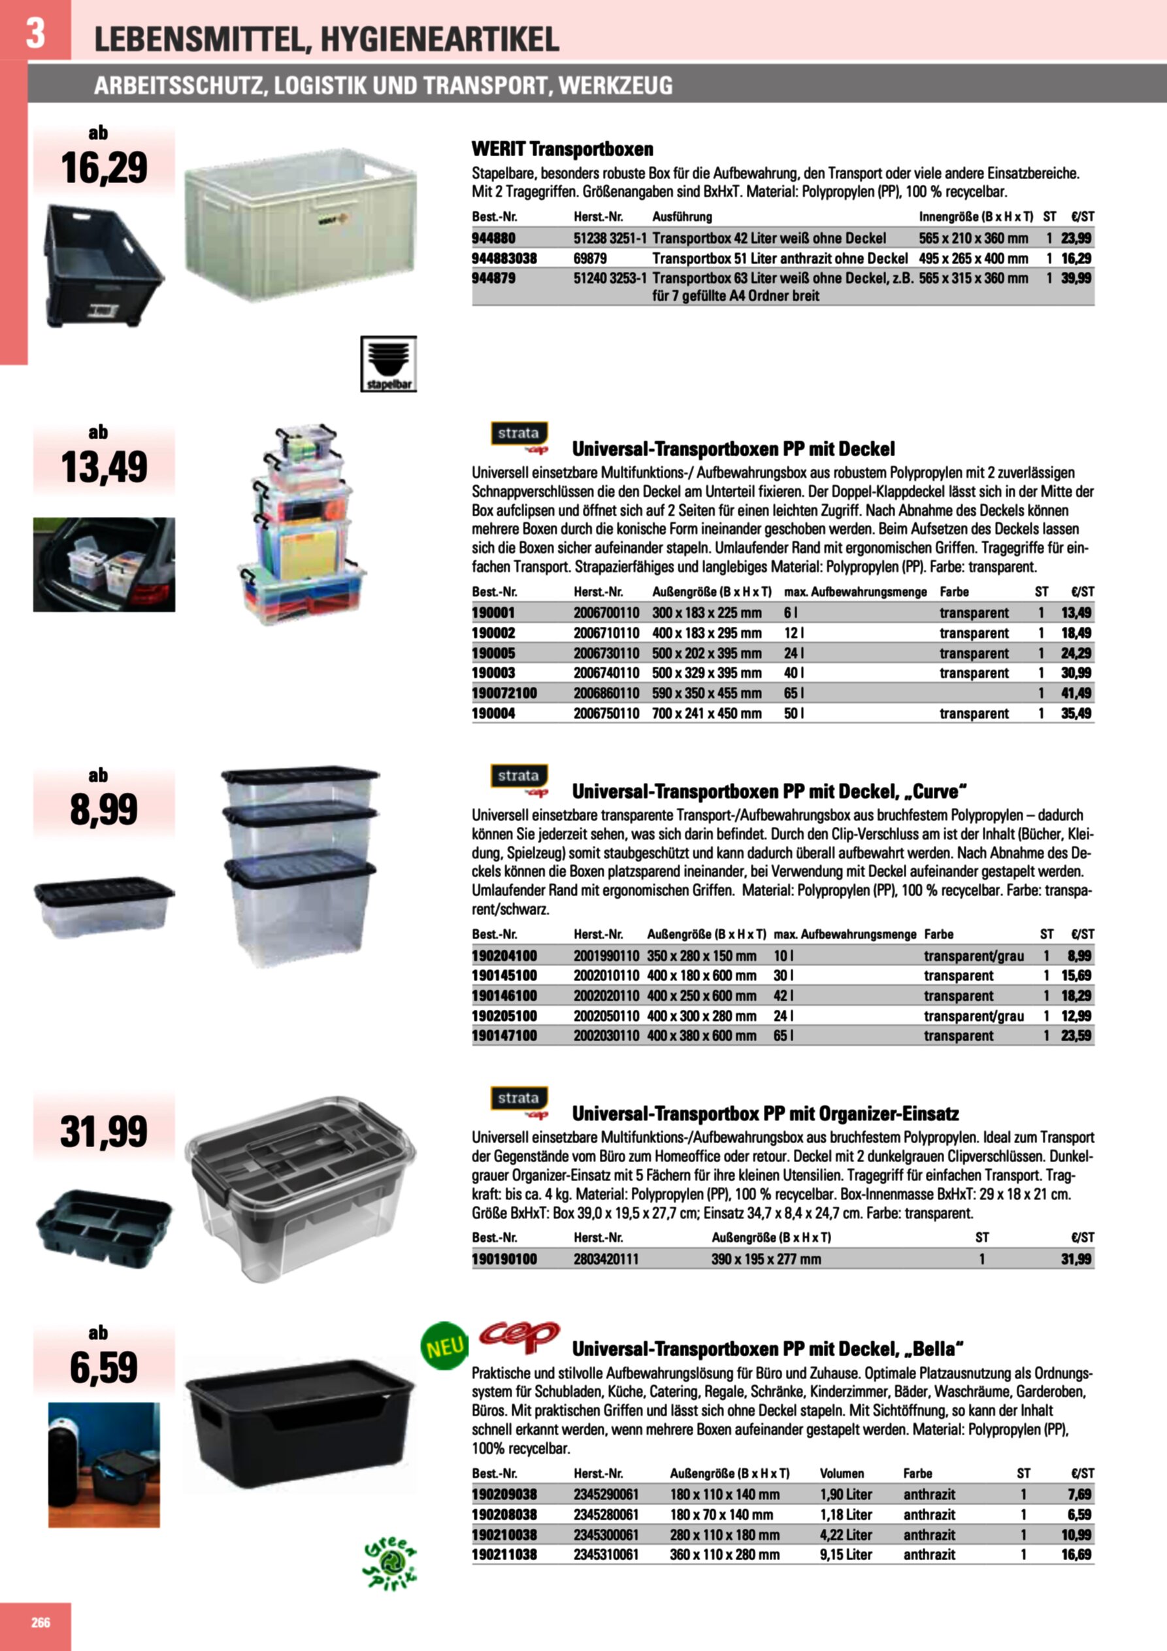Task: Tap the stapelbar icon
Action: [x=388, y=364]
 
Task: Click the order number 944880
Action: [x=493, y=238]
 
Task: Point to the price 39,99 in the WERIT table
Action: [x=1076, y=278]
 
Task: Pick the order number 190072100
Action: [x=504, y=693]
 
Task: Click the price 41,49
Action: [x=1076, y=693]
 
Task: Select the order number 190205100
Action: [x=504, y=1016]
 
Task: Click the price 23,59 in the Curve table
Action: [x=1076, y=1036]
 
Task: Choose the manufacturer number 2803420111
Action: [x=606, y=1259]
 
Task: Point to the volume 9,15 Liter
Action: [x=846, y=1555]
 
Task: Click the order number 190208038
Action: [x=504, y=1514]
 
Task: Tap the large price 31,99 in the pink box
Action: [x=105, y=1132]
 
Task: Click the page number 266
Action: [x=41, y=1623]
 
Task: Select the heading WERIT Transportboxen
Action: [x=563, y=150]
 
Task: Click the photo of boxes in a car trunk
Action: [x=105, y=565]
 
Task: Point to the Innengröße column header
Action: [x=976, y=216]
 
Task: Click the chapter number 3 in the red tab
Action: [x=35, y=33]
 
